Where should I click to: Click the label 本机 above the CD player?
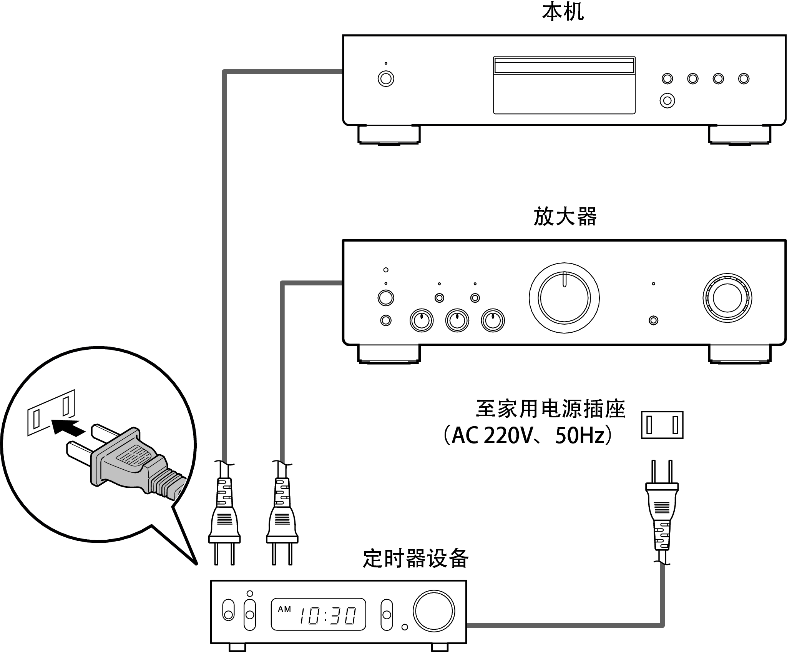(563, 12)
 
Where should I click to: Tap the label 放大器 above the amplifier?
(565, 217)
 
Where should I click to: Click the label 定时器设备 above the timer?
(415, 559)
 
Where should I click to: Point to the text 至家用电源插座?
(550, 409)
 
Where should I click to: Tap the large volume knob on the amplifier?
(564, 297)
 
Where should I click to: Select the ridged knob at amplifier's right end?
(727, 298)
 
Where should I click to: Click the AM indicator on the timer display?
(284, 609)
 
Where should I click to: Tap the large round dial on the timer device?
(434, 611)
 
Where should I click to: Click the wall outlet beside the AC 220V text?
(662, 425)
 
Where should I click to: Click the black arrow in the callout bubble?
(68, 427)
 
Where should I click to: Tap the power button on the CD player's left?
(386, 78)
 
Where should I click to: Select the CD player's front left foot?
(389, 135)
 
